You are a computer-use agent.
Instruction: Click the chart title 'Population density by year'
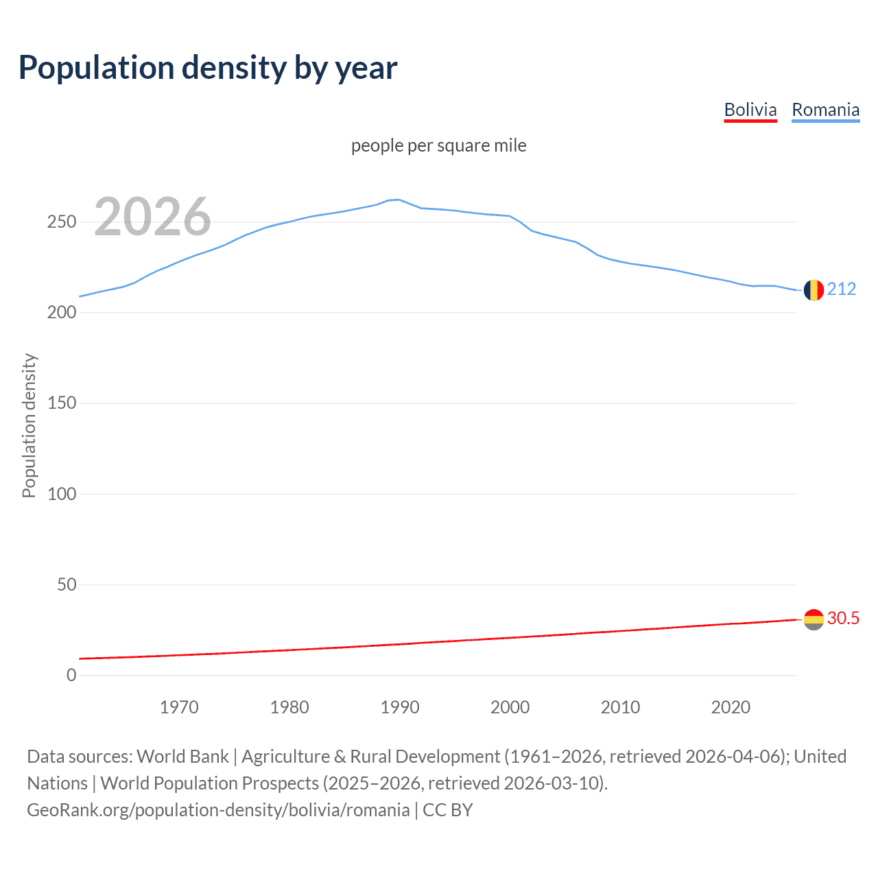coord(208,68)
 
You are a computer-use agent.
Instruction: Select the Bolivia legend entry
coord(750,110)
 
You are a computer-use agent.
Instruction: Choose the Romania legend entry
coord(825,110)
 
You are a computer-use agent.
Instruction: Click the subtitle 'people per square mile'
coord(438,146)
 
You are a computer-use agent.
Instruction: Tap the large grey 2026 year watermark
coord(152,217)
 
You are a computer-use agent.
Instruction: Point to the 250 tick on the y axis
coord(62,222)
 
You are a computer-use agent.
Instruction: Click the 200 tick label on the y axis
coord(62,313)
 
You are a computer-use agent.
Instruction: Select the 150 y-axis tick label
coord(62,403)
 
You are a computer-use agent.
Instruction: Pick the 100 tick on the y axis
coord(62,494)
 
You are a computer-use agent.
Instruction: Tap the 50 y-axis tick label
coord(67,585)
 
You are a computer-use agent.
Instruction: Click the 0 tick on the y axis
coord(71,676)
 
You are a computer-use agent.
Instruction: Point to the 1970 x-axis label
coord(179,707)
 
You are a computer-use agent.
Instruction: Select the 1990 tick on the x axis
coord(400,707)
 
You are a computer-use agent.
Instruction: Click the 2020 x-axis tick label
coord(731,707)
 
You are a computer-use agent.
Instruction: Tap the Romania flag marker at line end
coord(814,290)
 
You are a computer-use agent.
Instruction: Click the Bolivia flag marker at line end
coord(814,619)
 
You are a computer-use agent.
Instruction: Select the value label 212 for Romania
coord(842,289)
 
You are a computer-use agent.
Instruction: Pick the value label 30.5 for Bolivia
coord(843,619)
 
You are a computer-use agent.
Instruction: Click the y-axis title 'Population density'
coord(29,425)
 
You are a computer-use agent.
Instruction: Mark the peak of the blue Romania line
coord(399,200)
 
